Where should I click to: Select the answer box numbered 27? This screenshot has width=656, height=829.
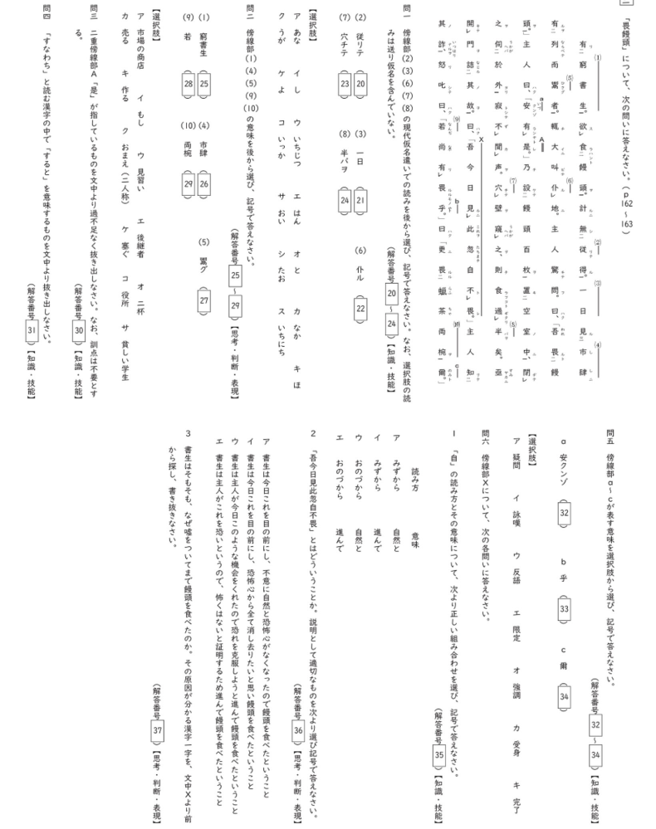point(203,300)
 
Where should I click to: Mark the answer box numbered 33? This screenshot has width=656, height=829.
point(564,608)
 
